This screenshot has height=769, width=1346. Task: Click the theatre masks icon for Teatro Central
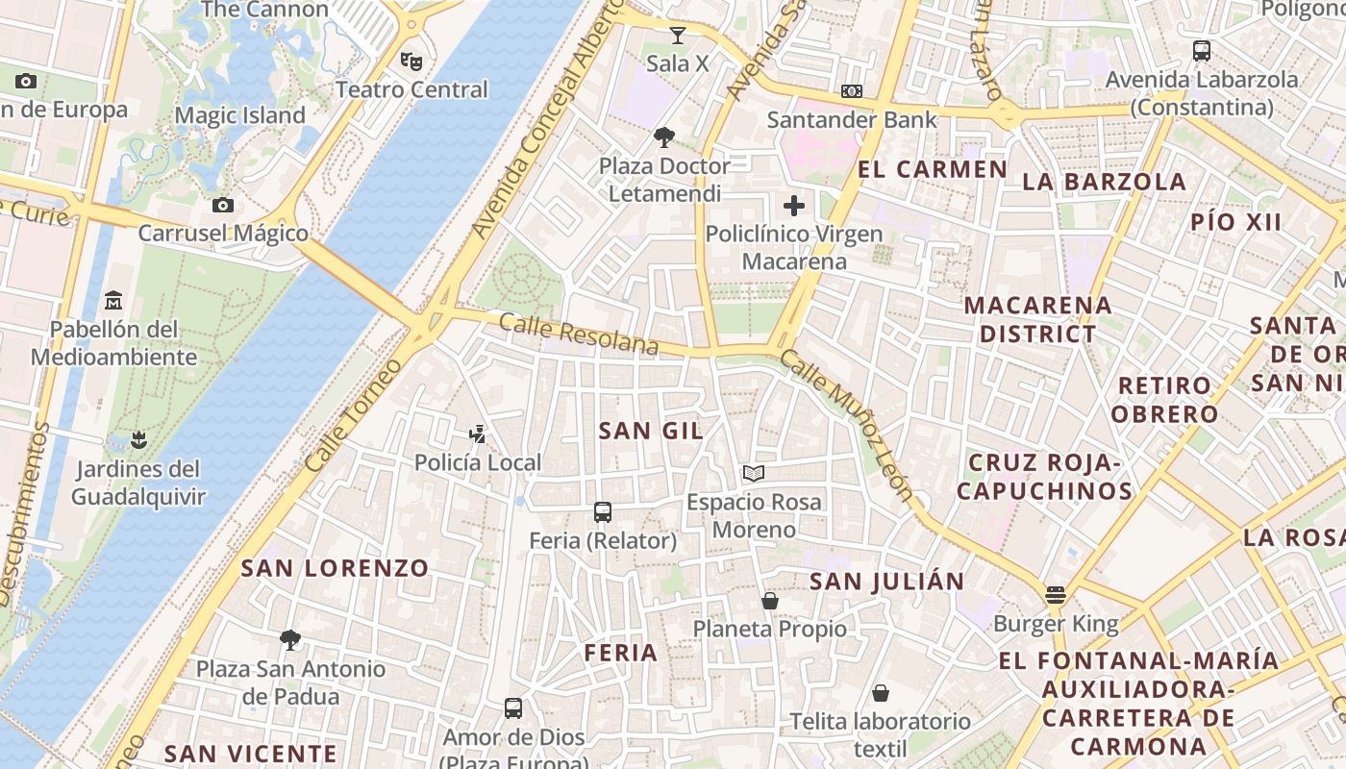411,62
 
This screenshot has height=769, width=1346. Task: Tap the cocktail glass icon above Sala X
678,37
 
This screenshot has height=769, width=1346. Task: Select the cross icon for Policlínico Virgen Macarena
794,206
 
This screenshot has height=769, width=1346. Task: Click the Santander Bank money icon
851,91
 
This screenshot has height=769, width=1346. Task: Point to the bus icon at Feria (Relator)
603,512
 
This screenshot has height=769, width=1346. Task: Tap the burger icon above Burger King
1056,595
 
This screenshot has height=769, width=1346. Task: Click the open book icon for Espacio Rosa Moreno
754,474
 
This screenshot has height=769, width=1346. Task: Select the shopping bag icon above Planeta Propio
770,601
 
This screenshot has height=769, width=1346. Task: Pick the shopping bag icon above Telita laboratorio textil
881,693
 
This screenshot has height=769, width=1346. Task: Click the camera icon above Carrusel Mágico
223,205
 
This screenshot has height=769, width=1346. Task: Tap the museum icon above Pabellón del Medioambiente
113,300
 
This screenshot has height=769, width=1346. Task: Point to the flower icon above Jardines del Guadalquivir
138,440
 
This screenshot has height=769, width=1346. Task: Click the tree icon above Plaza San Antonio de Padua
289,640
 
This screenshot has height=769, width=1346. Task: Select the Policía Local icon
477,434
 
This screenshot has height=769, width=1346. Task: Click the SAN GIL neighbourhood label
651,431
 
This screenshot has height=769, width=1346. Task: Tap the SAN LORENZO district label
335,568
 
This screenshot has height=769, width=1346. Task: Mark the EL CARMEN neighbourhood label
932,170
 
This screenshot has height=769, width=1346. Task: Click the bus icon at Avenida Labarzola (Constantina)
1202,51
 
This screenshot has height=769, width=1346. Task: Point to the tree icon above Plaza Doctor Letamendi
664,137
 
